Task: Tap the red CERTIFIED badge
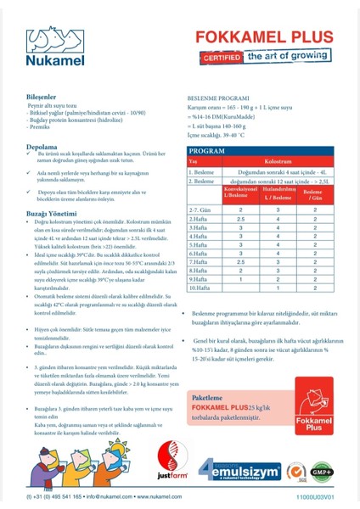(x=218, y=58)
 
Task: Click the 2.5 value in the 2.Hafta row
(x=240, y=219)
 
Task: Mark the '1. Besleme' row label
(x=202, y=171)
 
